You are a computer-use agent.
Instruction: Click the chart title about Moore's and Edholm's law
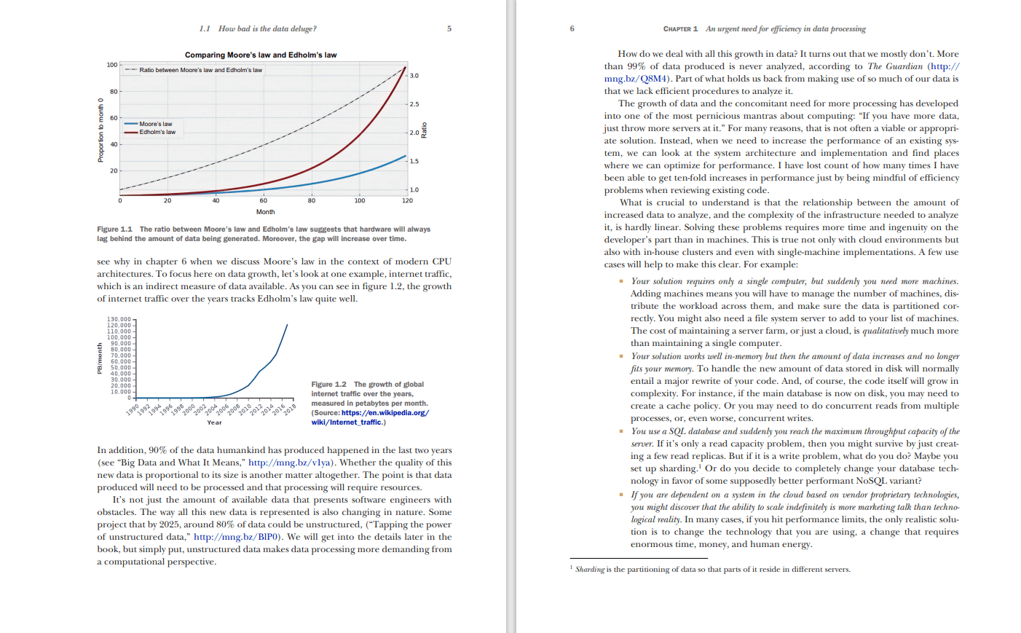(x=261, y=55)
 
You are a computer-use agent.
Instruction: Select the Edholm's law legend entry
(x=157, y=132)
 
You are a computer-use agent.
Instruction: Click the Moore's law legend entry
(x=156, y=124)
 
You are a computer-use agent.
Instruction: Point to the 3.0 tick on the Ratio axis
(x=414, y=76)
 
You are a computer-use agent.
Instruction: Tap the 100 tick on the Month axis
(x=360, y=200)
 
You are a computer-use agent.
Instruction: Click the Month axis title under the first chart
(x=265, y=212)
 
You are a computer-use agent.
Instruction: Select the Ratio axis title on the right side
(x=425, y=131)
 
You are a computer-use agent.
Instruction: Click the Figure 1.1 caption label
(x=115, y=229)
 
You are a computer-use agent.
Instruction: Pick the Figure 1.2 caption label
(x=329, y=385)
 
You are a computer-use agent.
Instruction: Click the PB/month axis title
(x=100, y=358)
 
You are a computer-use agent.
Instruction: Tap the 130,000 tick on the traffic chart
(x=119, y=319)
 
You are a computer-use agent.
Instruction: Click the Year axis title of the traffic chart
(x=214, y=422)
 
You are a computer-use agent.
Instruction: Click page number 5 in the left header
(x=449, y=29)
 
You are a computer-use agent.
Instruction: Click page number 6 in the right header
(x=572, y=29)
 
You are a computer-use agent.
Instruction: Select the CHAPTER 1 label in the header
(x=680, y=29)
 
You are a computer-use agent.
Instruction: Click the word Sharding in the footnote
(x=590, y=570)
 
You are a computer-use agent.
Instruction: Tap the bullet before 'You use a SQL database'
(x=621, y=431)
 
